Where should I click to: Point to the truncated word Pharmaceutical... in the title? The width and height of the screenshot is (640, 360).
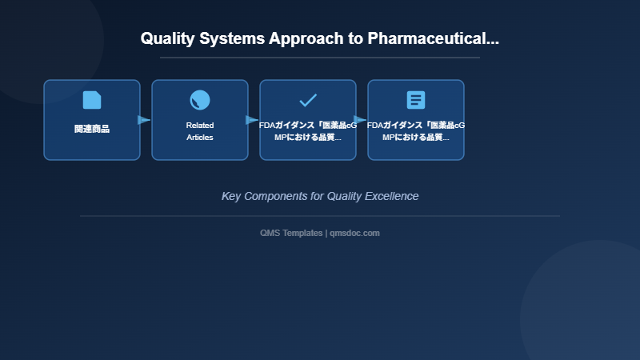tap(433, 38)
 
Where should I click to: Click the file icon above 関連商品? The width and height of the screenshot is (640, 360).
tap(92, 100)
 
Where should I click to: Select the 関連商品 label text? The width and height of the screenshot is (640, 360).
tap(92, 129)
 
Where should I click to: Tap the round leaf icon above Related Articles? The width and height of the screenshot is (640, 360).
tap(200, 100)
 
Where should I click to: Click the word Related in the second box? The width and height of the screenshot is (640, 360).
tap(200, 125)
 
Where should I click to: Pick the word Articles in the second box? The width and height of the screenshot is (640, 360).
tap(200, 138)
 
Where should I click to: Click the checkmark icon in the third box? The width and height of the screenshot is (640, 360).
tap(308, 100)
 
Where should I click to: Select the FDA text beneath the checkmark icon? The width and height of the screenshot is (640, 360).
tap(308, 131)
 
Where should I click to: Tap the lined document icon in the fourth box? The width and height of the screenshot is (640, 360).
tap(416, 100)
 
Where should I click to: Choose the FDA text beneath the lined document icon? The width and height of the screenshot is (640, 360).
tap(416, 131)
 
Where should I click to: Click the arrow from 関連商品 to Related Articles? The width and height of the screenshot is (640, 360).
tap(144, 120)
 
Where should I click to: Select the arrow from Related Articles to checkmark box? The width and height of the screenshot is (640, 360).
tap(252, 120)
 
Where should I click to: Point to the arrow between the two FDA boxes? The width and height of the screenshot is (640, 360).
tap(360, 120)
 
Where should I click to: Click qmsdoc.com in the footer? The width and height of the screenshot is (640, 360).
tap(354, 233)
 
